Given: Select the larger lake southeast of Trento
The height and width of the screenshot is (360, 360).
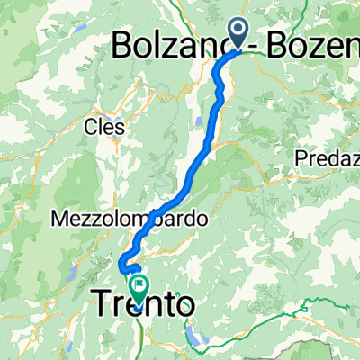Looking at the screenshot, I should [198, 337].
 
